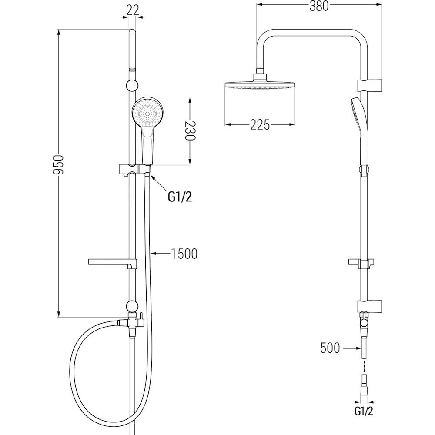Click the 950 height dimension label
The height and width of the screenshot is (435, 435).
point(59,165)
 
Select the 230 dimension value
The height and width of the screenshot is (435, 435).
point(191,130)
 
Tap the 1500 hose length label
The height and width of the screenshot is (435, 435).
point(184,254)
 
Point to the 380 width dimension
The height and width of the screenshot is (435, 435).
point(319,6)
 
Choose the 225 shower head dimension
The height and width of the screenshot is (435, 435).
point(260,125)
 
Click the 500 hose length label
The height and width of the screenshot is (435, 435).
point(330,348)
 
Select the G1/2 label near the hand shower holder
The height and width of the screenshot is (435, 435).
point(180,197)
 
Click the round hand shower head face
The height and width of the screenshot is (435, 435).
point(147,112)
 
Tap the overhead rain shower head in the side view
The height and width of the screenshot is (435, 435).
point(260,83)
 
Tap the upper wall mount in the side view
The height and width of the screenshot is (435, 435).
point(369,85)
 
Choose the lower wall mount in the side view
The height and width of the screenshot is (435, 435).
point(369,306)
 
